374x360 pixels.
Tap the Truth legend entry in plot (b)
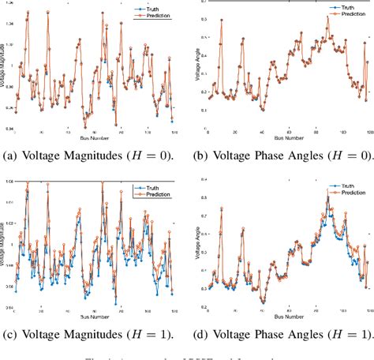tap(342, 3)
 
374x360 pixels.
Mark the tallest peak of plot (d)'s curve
tap(327, 194)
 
